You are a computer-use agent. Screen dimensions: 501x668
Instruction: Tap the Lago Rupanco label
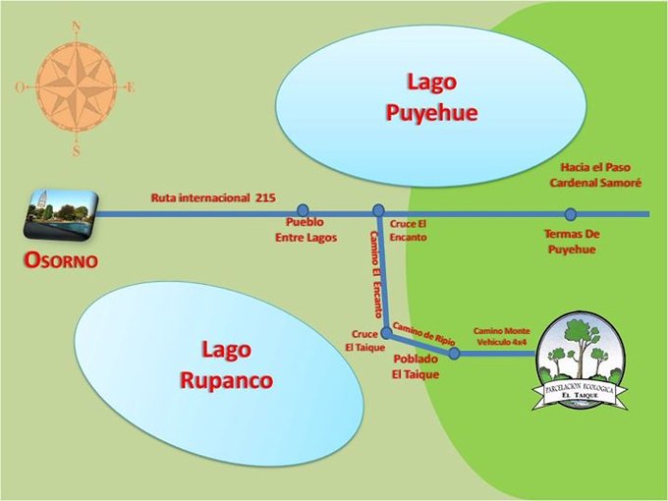click(x=226, y=364)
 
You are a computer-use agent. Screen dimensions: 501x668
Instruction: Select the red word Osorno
click(x=61, y=261)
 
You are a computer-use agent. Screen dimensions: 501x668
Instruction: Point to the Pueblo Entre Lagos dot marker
click(x=303, y=210)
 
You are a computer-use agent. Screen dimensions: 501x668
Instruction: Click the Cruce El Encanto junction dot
click(x=378, y=210)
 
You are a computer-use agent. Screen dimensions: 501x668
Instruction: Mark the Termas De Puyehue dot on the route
click(x=570, y=214)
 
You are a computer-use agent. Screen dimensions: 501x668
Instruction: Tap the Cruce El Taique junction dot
click(x=386, y=333)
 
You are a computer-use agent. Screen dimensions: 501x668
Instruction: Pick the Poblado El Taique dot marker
click(x=454, y=353)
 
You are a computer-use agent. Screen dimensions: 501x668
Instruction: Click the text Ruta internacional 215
click(x=213, y=197)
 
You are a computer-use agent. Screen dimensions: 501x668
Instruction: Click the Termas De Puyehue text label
click(x=572, y=242)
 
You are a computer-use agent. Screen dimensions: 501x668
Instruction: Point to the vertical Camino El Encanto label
click(x=375, y=273)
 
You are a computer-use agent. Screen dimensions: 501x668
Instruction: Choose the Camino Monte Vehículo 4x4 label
click(x=502, y=337)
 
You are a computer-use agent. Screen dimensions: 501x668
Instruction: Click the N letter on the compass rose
click(x=77, y=28)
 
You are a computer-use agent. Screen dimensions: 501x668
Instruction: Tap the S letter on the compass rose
click(x=76, y=151)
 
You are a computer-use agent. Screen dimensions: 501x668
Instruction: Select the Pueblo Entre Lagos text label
click(x=308, y=231)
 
